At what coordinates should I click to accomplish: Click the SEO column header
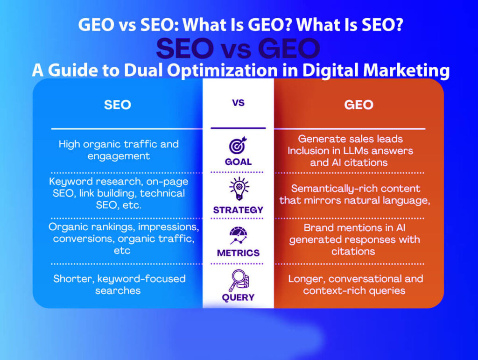tap(117, 105)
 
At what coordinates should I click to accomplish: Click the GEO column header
tap(358, 105)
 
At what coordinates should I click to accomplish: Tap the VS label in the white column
tap(238, 103)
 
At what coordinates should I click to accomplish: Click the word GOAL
tap(238, 162)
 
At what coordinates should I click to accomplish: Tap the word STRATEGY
tap(238, 210)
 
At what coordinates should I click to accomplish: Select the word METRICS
tap(238, 253)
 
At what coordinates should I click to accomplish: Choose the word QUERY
tap(238, 297)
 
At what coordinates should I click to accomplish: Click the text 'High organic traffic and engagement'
tap(119, 150)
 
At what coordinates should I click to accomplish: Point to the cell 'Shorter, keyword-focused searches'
tap(119, 284)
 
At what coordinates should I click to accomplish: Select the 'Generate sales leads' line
tap(350, 139)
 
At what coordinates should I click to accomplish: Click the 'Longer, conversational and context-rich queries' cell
tap(355, 284)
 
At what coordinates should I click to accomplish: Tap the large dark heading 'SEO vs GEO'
tap(238, 49)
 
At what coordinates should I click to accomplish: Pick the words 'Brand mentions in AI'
tap(354, 228)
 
